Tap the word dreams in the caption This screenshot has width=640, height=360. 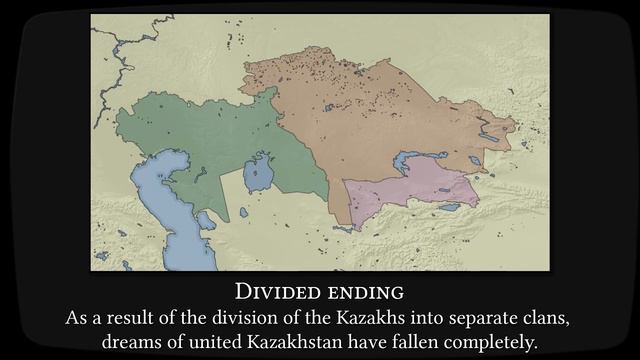coord(131,342)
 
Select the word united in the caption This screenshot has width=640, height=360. coord(209,342)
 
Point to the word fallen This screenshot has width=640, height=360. coord(433,342)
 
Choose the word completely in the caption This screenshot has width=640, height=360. coord(509,342)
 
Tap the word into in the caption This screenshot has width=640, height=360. coord(410,318)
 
